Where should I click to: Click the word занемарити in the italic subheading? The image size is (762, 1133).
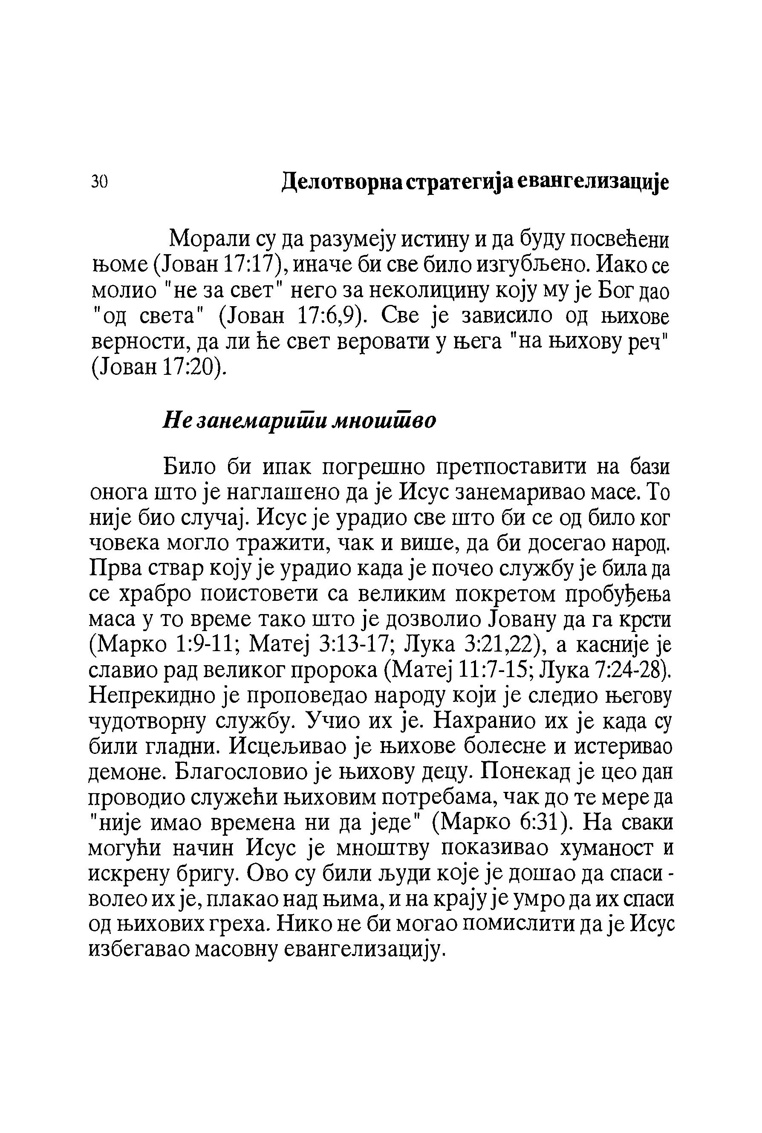coord(242,420)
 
